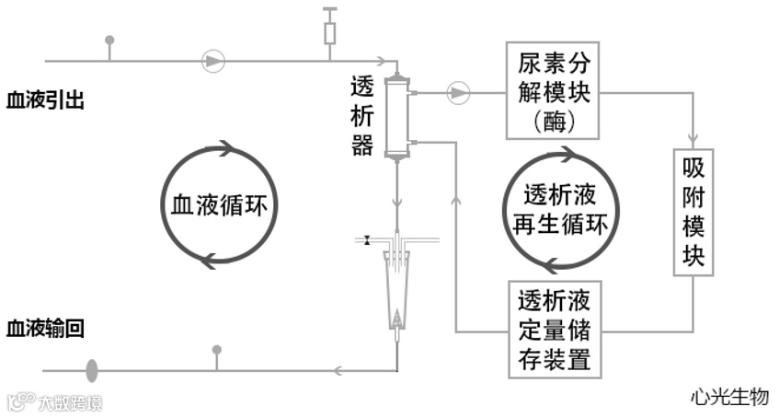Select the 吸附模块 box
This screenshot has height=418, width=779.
click(694, 211)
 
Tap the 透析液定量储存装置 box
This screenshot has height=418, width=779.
click(554, 329)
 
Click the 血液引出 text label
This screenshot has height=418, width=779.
click(45, 99)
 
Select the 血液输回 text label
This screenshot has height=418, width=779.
click(45, 328)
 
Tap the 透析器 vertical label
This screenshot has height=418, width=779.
click(362, 115)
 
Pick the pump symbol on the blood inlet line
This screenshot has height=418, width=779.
click(213, 61)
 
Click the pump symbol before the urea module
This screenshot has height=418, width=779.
click(457, 92)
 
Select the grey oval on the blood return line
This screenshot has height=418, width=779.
click(92, 370)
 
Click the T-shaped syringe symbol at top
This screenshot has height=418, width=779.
click(330, 28)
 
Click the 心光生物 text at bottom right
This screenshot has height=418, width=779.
click(729, 396)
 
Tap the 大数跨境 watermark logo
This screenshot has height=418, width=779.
click(54, 402)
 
